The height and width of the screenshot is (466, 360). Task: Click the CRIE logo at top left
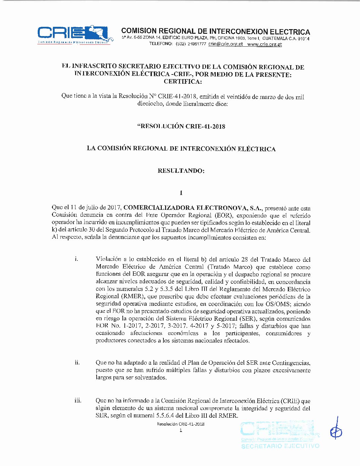73,34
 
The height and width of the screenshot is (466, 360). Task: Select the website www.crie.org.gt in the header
265,44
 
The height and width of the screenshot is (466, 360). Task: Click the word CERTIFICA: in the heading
182,81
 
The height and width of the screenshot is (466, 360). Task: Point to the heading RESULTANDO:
181,171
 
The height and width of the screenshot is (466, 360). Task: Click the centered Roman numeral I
181,193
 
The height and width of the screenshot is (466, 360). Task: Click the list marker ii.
77,362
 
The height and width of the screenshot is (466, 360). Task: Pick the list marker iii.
78,400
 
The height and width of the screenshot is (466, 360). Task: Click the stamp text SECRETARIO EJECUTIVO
280,446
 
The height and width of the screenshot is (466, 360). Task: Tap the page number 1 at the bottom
181,430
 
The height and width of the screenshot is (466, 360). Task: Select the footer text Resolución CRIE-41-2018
181,424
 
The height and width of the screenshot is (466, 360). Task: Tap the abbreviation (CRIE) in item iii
290,401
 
